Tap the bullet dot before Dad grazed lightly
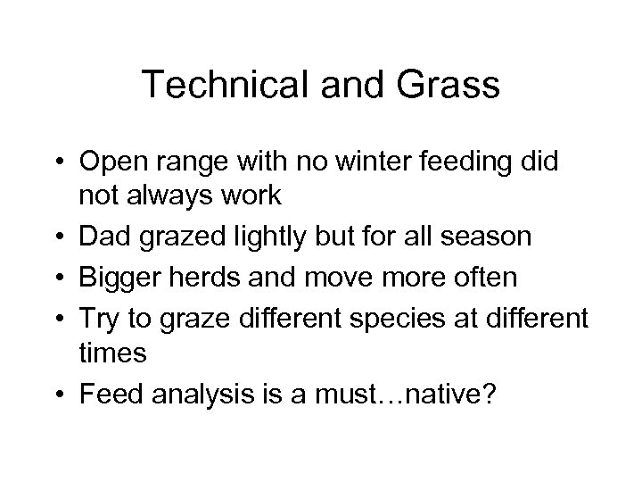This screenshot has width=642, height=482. [58, 237]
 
